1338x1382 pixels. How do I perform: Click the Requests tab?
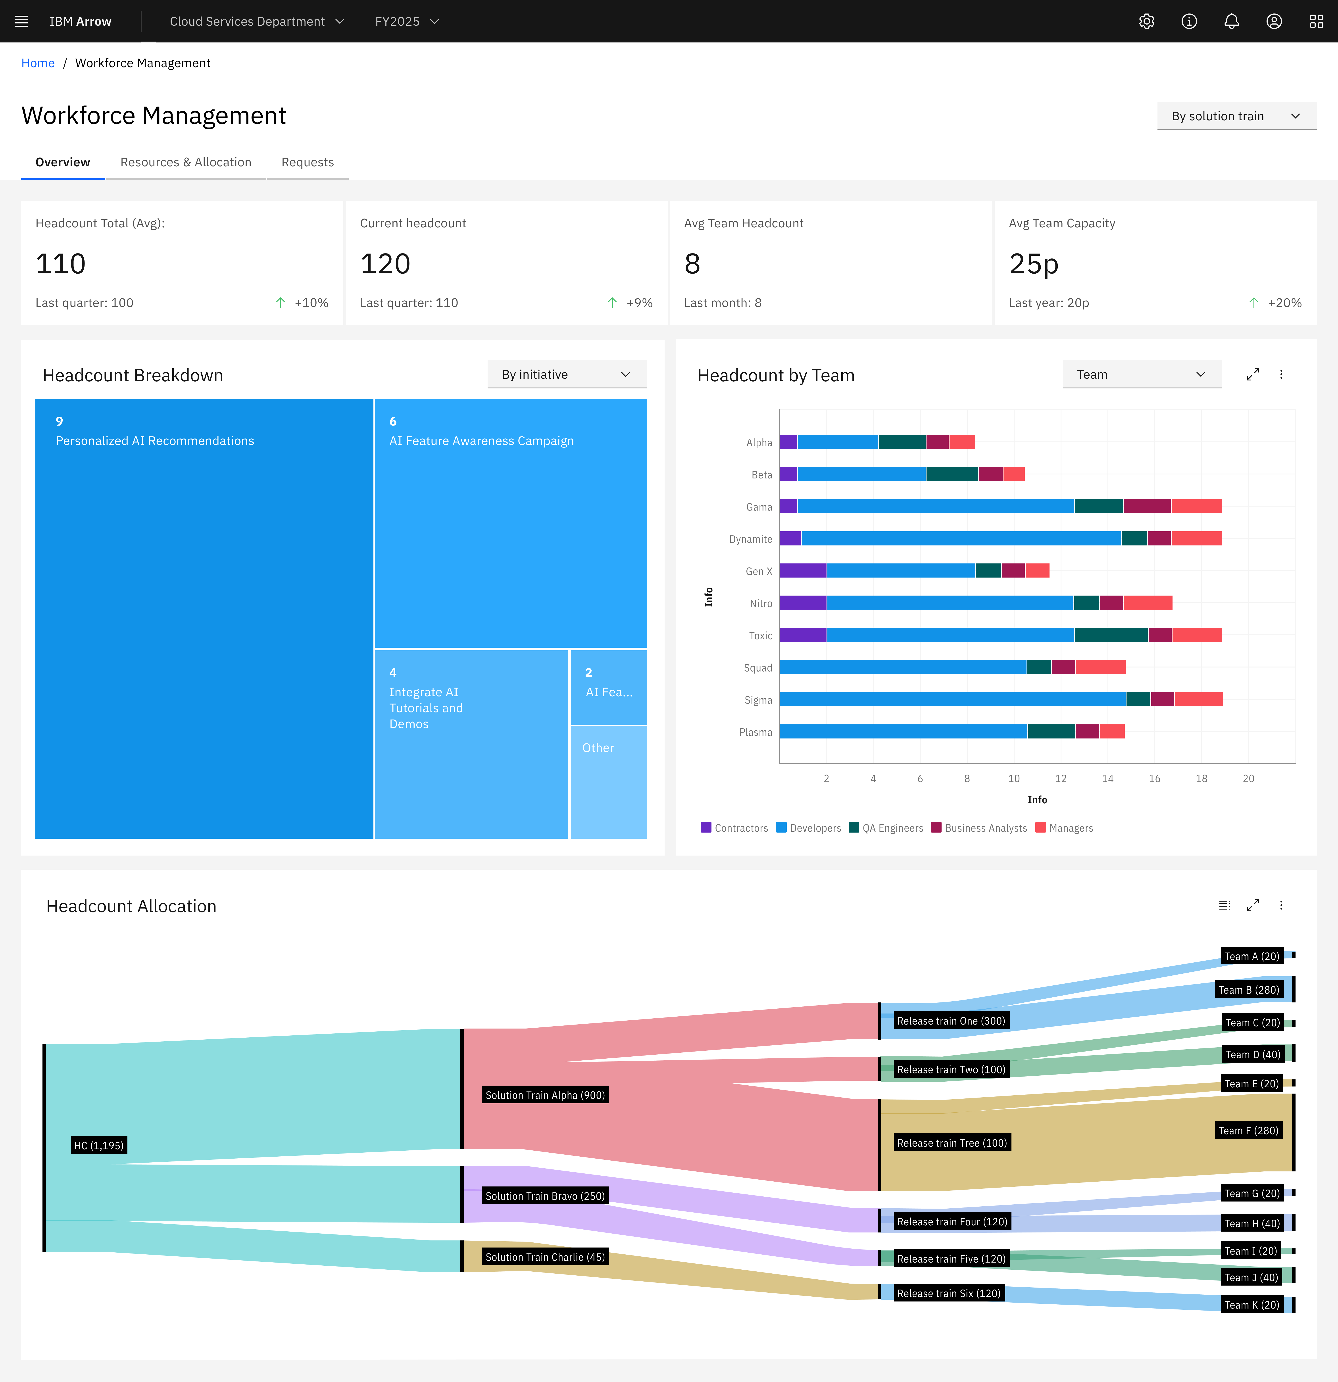click(308, 162)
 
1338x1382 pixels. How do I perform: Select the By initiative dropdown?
click(566, 374)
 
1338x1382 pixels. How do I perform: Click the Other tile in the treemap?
click(608, 781)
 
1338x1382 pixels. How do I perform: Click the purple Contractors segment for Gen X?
click(803, 570)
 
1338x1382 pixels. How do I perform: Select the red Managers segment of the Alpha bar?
click(962, 442)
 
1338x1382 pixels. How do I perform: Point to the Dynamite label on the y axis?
click(750, 539)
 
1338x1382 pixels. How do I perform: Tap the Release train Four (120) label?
click(952, 1221)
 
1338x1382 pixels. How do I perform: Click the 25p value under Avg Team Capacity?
click(1033, 264)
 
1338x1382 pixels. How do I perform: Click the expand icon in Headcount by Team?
click(1253, 374)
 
